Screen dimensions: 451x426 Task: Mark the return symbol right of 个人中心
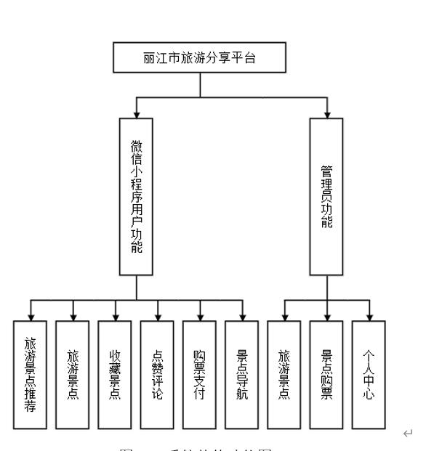[x=409, y=434]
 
